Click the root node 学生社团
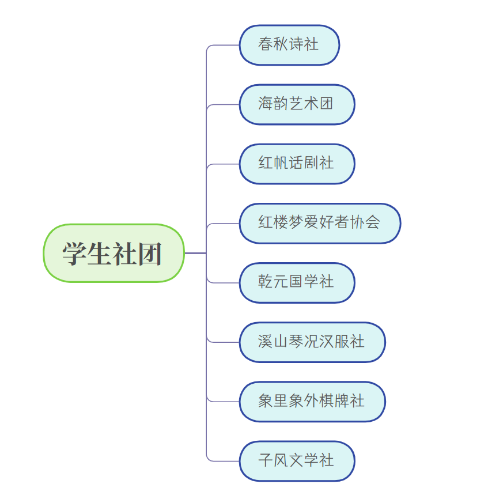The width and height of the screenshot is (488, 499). [114, 253]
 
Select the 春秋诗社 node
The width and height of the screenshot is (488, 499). [289, 45]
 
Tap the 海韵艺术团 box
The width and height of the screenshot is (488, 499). [297, 104]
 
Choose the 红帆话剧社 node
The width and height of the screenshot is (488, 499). [297, 164]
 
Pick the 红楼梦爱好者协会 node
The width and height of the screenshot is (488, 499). [320, 223]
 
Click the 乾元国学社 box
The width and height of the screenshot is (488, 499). [297, 282]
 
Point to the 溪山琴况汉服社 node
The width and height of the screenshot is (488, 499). [312, 342]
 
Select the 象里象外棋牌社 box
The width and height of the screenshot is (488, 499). [312, 401]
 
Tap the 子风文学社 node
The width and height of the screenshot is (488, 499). [297, 460]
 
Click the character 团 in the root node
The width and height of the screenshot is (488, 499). [150, 254]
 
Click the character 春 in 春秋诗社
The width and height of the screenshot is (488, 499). [266, 45]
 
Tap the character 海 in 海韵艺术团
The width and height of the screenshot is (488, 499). [266, 104]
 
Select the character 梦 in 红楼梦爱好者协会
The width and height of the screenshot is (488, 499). [296, 223]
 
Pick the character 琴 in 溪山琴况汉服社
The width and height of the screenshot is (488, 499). [296, 342]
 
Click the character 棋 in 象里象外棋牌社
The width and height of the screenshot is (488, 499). [327, 401]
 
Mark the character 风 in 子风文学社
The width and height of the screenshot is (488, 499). [281, 460]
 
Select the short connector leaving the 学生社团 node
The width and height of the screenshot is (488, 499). [195, 253]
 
